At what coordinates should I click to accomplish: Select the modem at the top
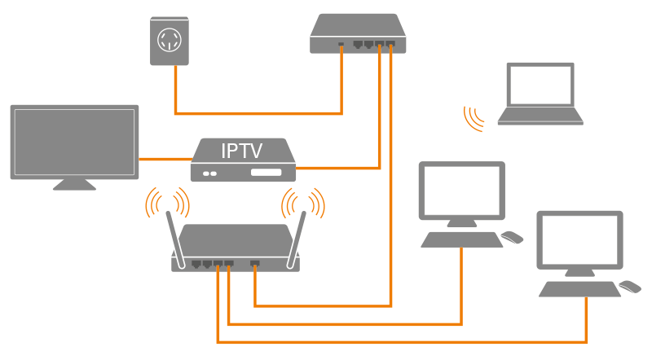(357, 33)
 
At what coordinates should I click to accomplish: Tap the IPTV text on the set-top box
(242, 150)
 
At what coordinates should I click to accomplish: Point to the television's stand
(74, 184)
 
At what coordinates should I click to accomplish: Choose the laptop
(540, 93)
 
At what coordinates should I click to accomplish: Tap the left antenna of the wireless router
(174, 237)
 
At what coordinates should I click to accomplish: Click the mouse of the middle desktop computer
(512, 237)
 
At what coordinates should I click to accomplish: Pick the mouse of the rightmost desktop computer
(629, 287)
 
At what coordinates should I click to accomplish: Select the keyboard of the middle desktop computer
(461, 239)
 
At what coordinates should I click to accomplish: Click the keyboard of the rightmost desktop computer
(579, 289)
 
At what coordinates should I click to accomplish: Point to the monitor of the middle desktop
(461, 190)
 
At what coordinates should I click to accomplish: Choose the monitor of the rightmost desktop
(579, 239)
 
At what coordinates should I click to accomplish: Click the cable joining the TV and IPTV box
(165, 158)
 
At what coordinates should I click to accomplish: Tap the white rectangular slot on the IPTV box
(266, 173)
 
